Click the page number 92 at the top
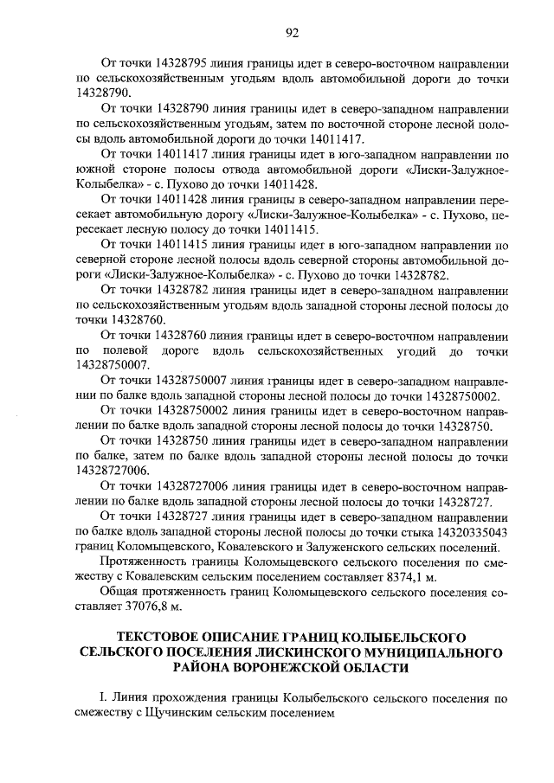click(x=292, y=33)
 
